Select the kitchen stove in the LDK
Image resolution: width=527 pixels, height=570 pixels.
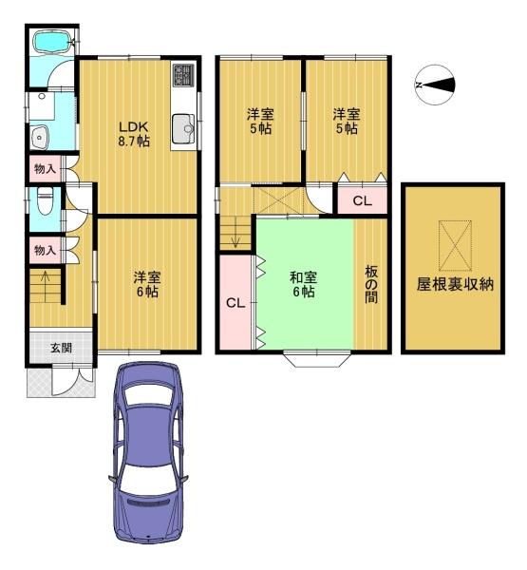point(183,75)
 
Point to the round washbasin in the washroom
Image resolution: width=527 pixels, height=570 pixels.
point(40,136)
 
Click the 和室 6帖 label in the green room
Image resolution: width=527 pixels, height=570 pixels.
point(303,284)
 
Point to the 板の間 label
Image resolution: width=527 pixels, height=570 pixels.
point(370,284)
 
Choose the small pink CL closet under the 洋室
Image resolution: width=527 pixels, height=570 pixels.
point(362,200)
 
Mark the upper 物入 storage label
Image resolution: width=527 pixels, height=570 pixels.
point(44,170)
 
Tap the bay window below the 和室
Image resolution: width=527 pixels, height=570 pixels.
point(316,359)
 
